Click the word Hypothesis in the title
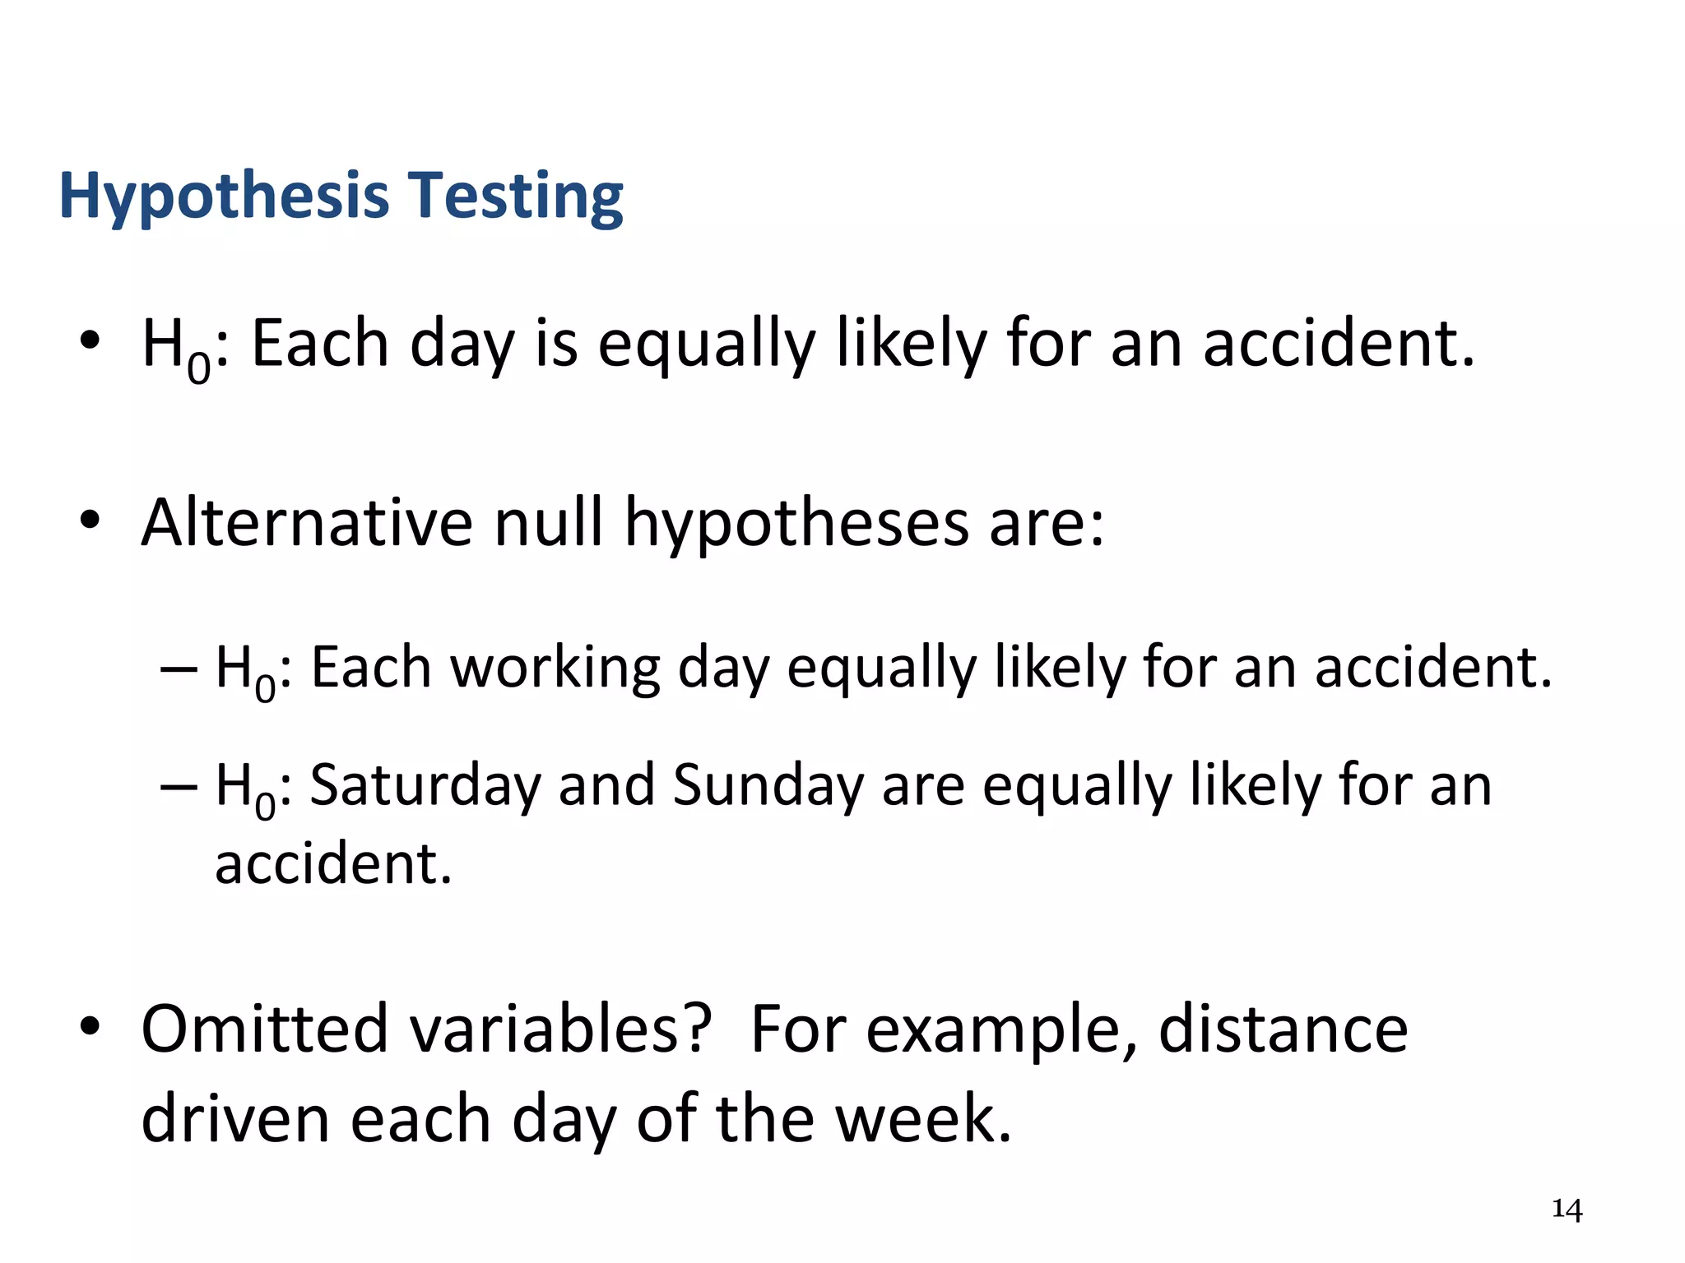[224, 197]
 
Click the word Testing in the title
[516, 197]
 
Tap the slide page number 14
[1567, 1210]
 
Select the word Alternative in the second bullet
[307, 523]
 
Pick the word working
[555, 669]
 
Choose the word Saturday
[425, 786]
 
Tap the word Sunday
[768, 786]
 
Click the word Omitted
[264, 1029]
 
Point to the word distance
[1283, 1029]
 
